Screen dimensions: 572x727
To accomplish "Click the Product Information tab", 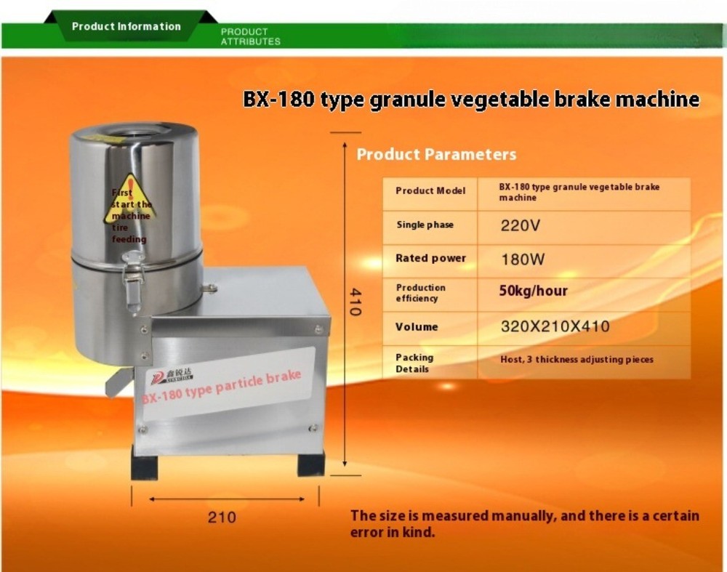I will coord(126,27).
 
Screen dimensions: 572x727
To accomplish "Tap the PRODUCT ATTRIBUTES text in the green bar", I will coord(250,37).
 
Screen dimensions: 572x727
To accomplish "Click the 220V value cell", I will coord(521,225).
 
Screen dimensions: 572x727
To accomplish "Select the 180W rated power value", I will coord(523,259).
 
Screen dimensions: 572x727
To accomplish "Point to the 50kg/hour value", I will coord(533,291).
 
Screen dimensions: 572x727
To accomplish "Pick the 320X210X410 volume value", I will coord(555,326).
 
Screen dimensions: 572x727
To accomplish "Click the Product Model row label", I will coord(430,191).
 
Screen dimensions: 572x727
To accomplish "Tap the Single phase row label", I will coord(425,225).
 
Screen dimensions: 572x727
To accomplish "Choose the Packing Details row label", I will coord(414,363).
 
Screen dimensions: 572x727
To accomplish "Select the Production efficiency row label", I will coord(421,293).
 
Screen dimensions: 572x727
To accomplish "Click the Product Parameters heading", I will coord(436,154).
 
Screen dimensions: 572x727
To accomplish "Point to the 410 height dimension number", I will coord(354,302).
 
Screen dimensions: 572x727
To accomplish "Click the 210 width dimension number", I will coord(222,517).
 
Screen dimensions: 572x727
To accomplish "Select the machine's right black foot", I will coord(310,464).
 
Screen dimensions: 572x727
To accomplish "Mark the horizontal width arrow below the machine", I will coord(226,499).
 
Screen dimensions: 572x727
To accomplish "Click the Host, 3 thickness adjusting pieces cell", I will coord(577,359).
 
